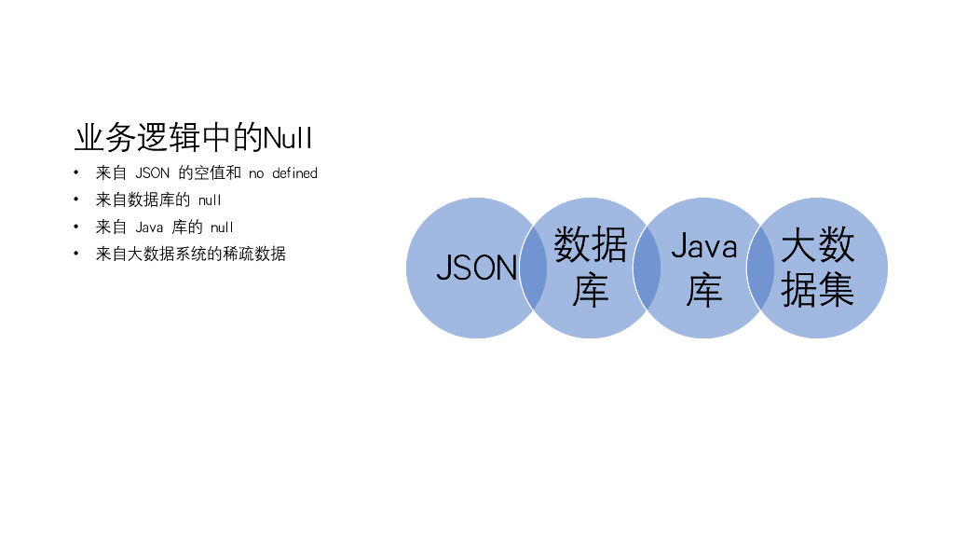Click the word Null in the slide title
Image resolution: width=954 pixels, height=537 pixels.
tap(288, 139)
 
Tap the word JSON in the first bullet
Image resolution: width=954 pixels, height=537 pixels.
tap(153, 173)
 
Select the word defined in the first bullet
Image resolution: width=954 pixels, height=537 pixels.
tap(294, 173)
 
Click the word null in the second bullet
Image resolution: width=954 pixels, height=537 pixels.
tap(210, 200)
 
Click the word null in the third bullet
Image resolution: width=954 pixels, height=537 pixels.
tap(222, 227)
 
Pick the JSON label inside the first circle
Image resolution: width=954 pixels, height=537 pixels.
tap(476, 268)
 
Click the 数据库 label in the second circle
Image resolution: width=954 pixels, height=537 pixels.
tap(591, 268)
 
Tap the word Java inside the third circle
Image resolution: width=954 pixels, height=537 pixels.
tap(704, 247)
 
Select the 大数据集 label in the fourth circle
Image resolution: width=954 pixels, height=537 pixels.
tap(818, 268)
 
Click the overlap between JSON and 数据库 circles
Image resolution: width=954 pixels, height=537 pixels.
tap(533, 268)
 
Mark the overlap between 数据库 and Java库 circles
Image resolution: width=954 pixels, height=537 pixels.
tap(647, 268)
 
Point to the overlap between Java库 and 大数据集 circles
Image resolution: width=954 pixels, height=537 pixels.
tap(760, 268)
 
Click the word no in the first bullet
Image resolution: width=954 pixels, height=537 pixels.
tap(256, 173)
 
